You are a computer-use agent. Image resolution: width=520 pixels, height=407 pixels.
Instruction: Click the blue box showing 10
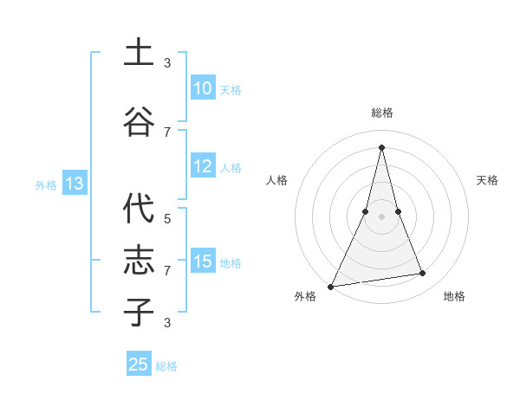tap(202, 88)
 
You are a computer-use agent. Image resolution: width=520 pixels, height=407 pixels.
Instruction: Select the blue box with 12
tap(202, 167)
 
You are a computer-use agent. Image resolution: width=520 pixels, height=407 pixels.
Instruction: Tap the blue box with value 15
tap(202, 262)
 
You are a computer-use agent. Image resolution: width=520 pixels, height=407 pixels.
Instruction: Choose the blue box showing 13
tap(74, 184)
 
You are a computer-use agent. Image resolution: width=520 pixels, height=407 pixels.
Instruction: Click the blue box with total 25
tap(139, 365)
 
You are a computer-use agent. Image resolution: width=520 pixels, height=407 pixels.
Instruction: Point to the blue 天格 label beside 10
tap(231, 89)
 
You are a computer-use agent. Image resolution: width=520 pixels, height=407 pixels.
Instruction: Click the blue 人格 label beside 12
tap(231, 168)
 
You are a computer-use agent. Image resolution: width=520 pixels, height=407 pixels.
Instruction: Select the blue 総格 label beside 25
tap(167, 366)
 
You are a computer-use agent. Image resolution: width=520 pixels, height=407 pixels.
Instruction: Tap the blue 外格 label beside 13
tap(46, 184)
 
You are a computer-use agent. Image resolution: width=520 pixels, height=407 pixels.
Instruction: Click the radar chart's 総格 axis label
tap(382, 113)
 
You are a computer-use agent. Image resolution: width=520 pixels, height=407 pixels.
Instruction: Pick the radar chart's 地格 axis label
tap(454, 296)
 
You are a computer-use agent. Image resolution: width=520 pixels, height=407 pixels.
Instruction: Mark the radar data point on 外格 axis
tap(331, 287)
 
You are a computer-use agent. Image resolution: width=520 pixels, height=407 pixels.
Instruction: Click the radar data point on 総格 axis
tap(381, 147)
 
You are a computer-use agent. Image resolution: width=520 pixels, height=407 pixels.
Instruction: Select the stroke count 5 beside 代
tap(167, 218)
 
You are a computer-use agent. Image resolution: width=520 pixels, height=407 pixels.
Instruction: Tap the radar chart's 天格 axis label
tap(488, 180)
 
